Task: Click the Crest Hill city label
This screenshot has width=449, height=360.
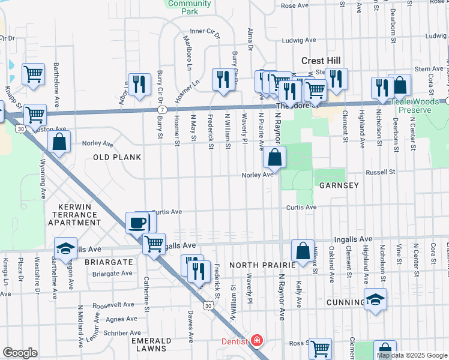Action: tap(321, 61)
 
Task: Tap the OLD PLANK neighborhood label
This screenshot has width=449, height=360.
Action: tap(117, 157)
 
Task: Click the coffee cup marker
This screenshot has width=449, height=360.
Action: tap(137, 223)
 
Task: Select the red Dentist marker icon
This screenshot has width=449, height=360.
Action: tap(257, 341)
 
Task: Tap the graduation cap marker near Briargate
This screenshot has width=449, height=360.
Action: tap(65, 248)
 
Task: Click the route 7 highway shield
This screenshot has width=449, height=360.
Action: tap(163, 110)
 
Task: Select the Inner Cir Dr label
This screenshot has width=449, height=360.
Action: tap(204, 31)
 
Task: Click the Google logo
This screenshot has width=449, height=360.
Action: tap(20, 353)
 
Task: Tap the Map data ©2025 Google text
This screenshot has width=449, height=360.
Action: tap(412, 355)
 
